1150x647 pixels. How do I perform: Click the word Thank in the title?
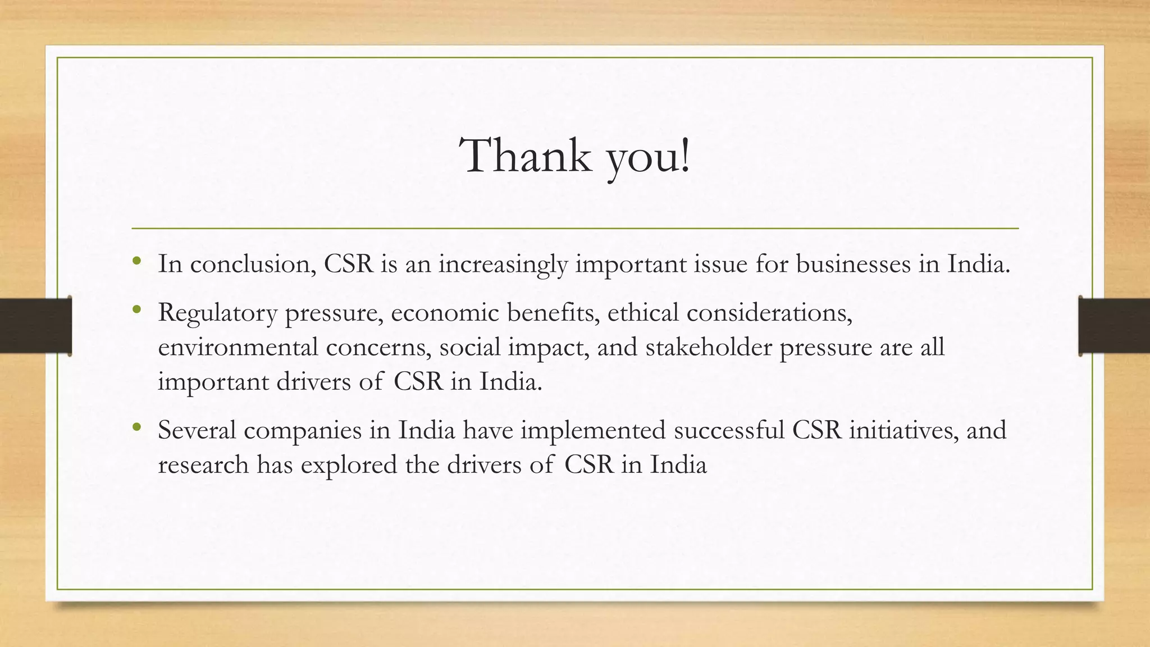526,156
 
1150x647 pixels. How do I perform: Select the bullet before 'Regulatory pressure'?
136,309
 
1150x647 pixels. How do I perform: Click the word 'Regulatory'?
217,313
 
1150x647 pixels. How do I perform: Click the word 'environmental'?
238,347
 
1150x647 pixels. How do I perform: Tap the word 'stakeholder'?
709,347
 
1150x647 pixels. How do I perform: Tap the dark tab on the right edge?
1114,326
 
